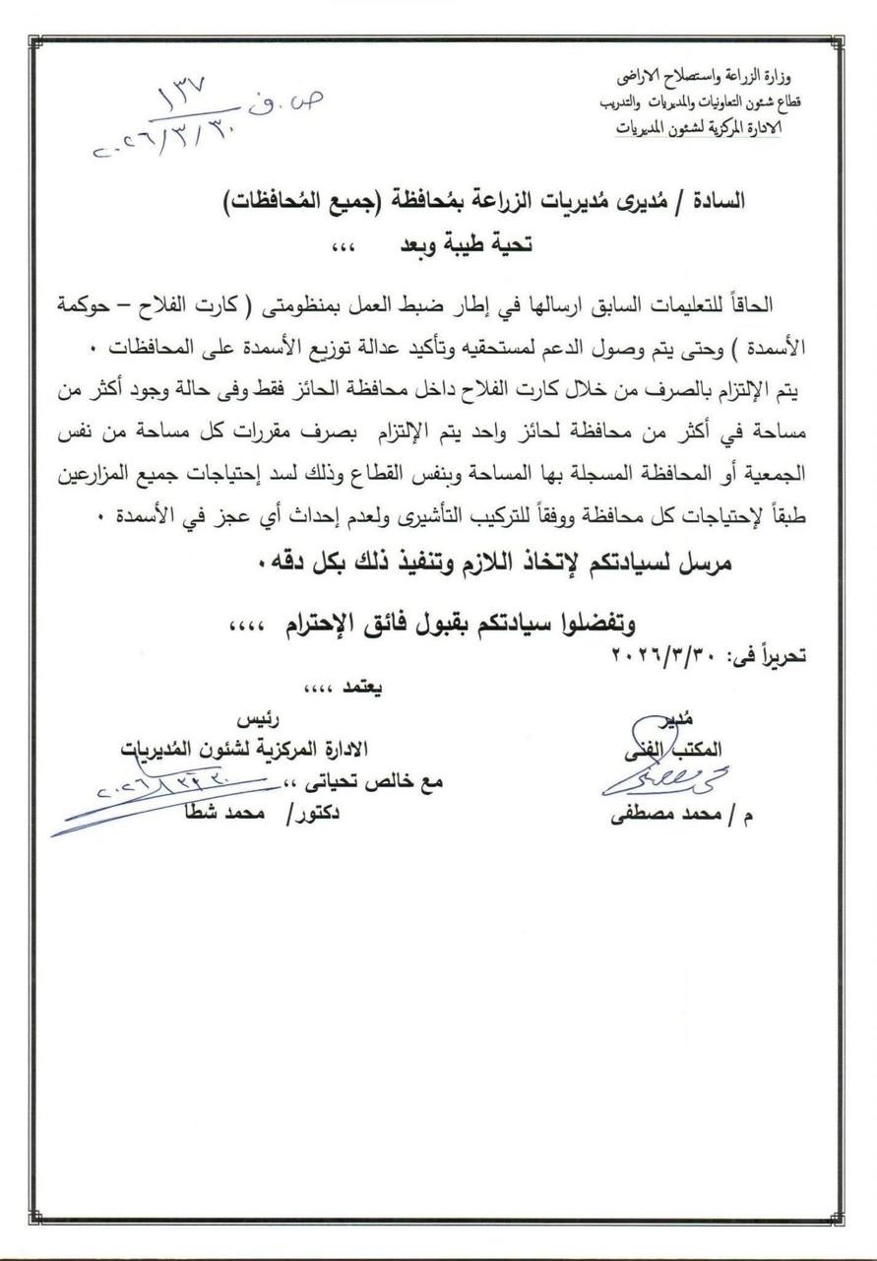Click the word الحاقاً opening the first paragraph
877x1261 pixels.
778,302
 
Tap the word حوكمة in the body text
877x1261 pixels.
90,302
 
